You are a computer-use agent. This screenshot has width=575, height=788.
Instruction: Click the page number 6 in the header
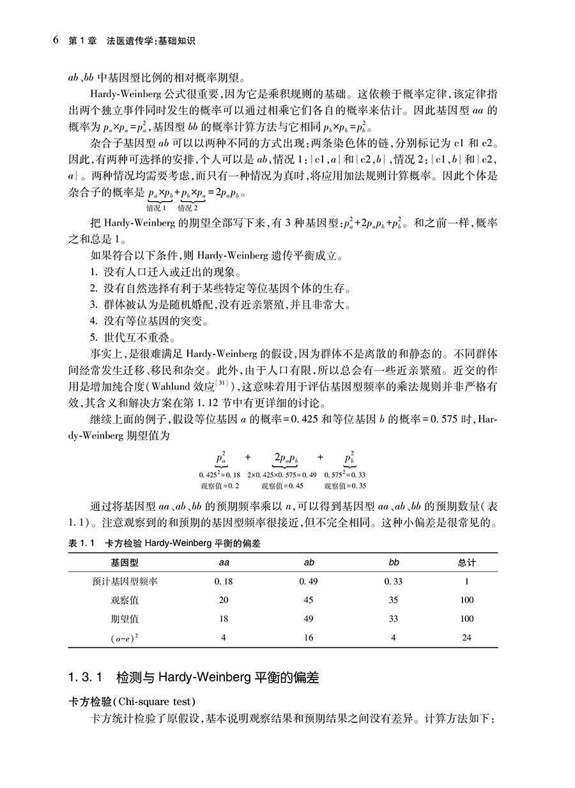pos(56,40)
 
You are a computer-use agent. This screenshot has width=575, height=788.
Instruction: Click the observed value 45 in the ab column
pos(309,600)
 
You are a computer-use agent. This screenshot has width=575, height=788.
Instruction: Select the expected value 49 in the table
pos(309,619)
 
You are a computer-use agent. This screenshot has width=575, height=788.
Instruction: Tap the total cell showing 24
pos(467,637)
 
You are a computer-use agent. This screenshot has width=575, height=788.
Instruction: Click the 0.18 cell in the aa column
pos(224,581)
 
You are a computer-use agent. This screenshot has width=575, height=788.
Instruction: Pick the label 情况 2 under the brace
pos(188,208)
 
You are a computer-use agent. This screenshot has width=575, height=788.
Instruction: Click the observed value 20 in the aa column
pos(224,600)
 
